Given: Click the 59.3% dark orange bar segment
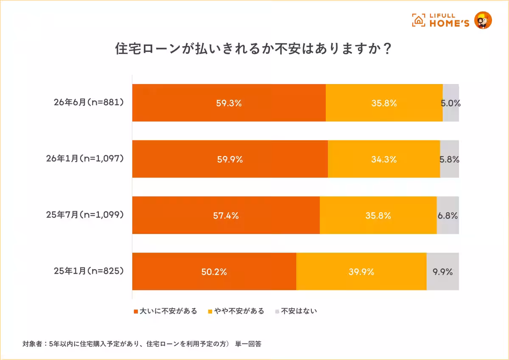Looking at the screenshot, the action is [229, 103].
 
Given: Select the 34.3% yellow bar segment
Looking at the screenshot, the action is [384, 159].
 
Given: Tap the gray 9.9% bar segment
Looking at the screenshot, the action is [443, 271].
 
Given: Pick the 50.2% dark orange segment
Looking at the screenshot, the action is [214, 271].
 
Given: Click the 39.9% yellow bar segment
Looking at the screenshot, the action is [361, 271].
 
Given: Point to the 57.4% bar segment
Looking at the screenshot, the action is [226, 215].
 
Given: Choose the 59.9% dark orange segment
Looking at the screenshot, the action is [230, 159].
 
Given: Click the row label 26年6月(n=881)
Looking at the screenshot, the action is [89, 103].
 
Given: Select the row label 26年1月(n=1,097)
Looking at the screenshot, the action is [85, 159].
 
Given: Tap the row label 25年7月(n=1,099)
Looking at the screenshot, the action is [85, 215].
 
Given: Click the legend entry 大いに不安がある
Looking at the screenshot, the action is [165, 311].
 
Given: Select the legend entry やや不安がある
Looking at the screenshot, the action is [236, 311].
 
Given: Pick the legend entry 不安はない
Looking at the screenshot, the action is [296, 311].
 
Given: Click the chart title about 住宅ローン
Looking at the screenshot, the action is [253, 49].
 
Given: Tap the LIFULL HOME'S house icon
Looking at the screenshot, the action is [419, 20].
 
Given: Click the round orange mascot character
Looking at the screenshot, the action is [483, 20].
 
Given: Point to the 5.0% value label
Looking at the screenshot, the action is [450, 103].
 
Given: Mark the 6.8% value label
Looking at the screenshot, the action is [447, 216].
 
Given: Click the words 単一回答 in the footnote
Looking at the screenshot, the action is [249, 344].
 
